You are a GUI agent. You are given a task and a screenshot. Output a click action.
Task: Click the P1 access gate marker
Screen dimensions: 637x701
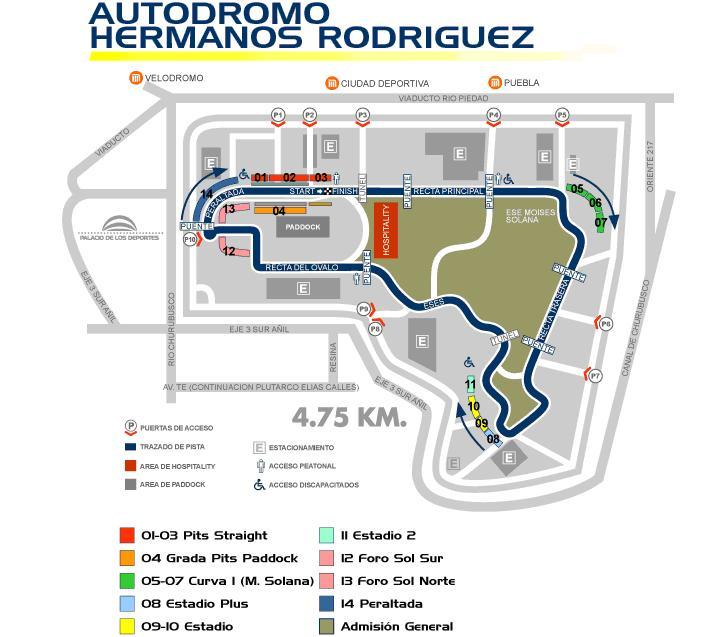click(279, 115)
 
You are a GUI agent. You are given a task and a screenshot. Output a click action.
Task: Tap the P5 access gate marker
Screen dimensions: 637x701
click(562, 115)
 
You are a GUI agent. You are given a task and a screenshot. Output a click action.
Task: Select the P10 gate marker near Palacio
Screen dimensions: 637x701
click(190, 240)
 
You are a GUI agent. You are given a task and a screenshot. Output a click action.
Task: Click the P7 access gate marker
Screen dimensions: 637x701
click(595, 376)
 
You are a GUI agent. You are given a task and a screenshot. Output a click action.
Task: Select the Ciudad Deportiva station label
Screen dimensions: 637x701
click(385, 83)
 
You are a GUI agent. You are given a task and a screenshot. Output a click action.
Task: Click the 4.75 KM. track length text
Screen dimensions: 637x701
click(349, 417)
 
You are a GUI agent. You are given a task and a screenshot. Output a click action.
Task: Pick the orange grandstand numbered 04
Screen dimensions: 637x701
click(279, 211)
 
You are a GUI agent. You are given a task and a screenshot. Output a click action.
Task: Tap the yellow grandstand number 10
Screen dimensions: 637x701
click(474, 406)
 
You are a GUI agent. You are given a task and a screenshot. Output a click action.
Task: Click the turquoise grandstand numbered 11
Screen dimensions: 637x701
click(470, 385)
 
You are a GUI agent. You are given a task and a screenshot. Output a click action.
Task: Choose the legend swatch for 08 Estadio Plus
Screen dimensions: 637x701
click(127, 603)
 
